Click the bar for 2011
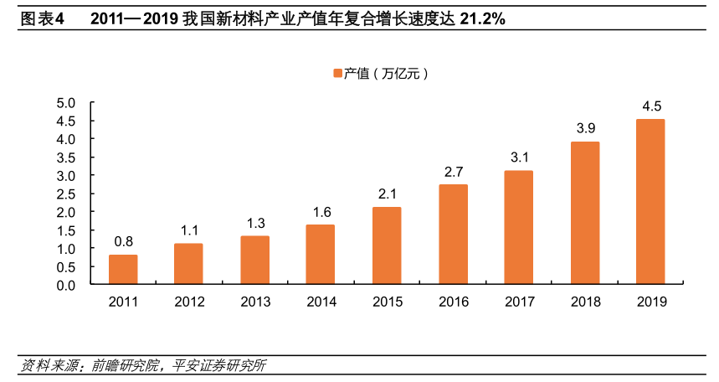[123, 270]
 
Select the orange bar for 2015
[387, 245]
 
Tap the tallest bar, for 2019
[650, 202]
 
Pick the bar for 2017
[518, 228]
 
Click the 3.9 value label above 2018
[585, 128]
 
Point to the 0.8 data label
[123, 242]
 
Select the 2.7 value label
[453, 172]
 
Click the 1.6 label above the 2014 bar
[321, 212]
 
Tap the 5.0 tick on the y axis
[65, 102]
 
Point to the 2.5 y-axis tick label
[65, 194]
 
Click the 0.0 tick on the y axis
[65, 285]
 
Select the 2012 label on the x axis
[189, 302]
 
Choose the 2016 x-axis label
[453, 302]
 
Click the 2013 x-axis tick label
[255, 302]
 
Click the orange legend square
[337, 74]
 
